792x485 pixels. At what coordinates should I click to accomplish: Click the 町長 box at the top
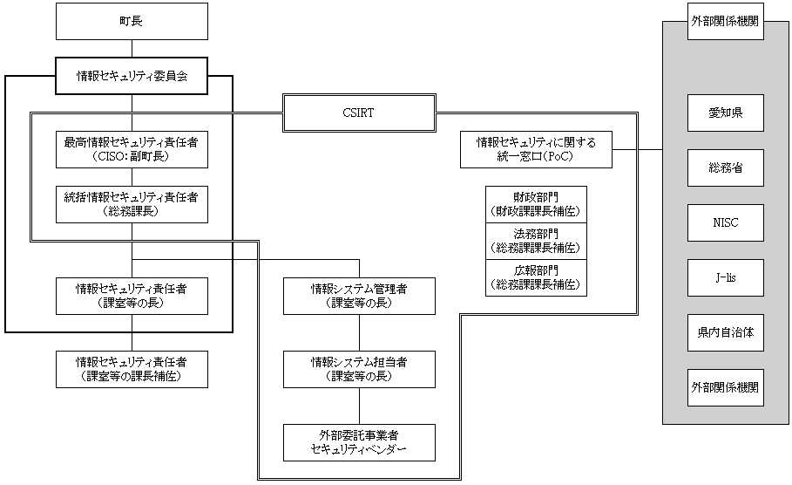(132, 21)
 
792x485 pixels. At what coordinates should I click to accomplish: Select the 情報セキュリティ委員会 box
(132, 77)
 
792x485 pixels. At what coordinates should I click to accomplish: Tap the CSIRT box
(359, 113)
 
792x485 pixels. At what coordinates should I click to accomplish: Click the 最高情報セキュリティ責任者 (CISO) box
(132, 149)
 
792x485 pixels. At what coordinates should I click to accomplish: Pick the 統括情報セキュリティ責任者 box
(132, 203)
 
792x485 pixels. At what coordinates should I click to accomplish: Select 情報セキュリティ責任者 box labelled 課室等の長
(132, 296)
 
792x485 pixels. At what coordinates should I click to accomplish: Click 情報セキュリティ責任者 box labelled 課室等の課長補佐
(132, 369)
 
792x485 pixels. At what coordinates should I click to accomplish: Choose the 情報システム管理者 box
(359, 296)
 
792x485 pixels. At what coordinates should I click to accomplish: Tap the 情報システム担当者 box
(359, 369)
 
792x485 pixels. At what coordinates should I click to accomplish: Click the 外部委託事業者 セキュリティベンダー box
(359, 442)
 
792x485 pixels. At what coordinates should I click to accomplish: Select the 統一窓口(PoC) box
(536, 149)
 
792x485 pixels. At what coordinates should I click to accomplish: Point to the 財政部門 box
(536, 204)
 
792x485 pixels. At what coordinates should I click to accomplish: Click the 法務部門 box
(536, 241)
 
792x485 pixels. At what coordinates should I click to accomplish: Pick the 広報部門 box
(536, 277)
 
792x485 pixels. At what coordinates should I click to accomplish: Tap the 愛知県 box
(725, 113)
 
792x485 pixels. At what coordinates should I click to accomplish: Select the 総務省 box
(725, 167)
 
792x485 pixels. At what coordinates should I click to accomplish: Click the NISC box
(725, 222)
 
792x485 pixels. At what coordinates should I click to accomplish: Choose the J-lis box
(725, 277)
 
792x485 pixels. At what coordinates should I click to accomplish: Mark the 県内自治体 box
(725, 332)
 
